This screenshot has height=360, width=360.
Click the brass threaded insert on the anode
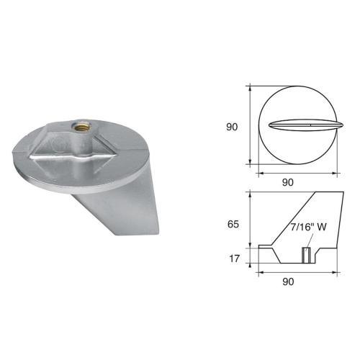[x=78, y=131]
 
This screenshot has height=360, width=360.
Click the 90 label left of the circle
[x=232, y=127]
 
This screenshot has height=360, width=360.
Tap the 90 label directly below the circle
[x=287, y=182]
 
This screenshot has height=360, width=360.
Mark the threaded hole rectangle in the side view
[x=305, y=255]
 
